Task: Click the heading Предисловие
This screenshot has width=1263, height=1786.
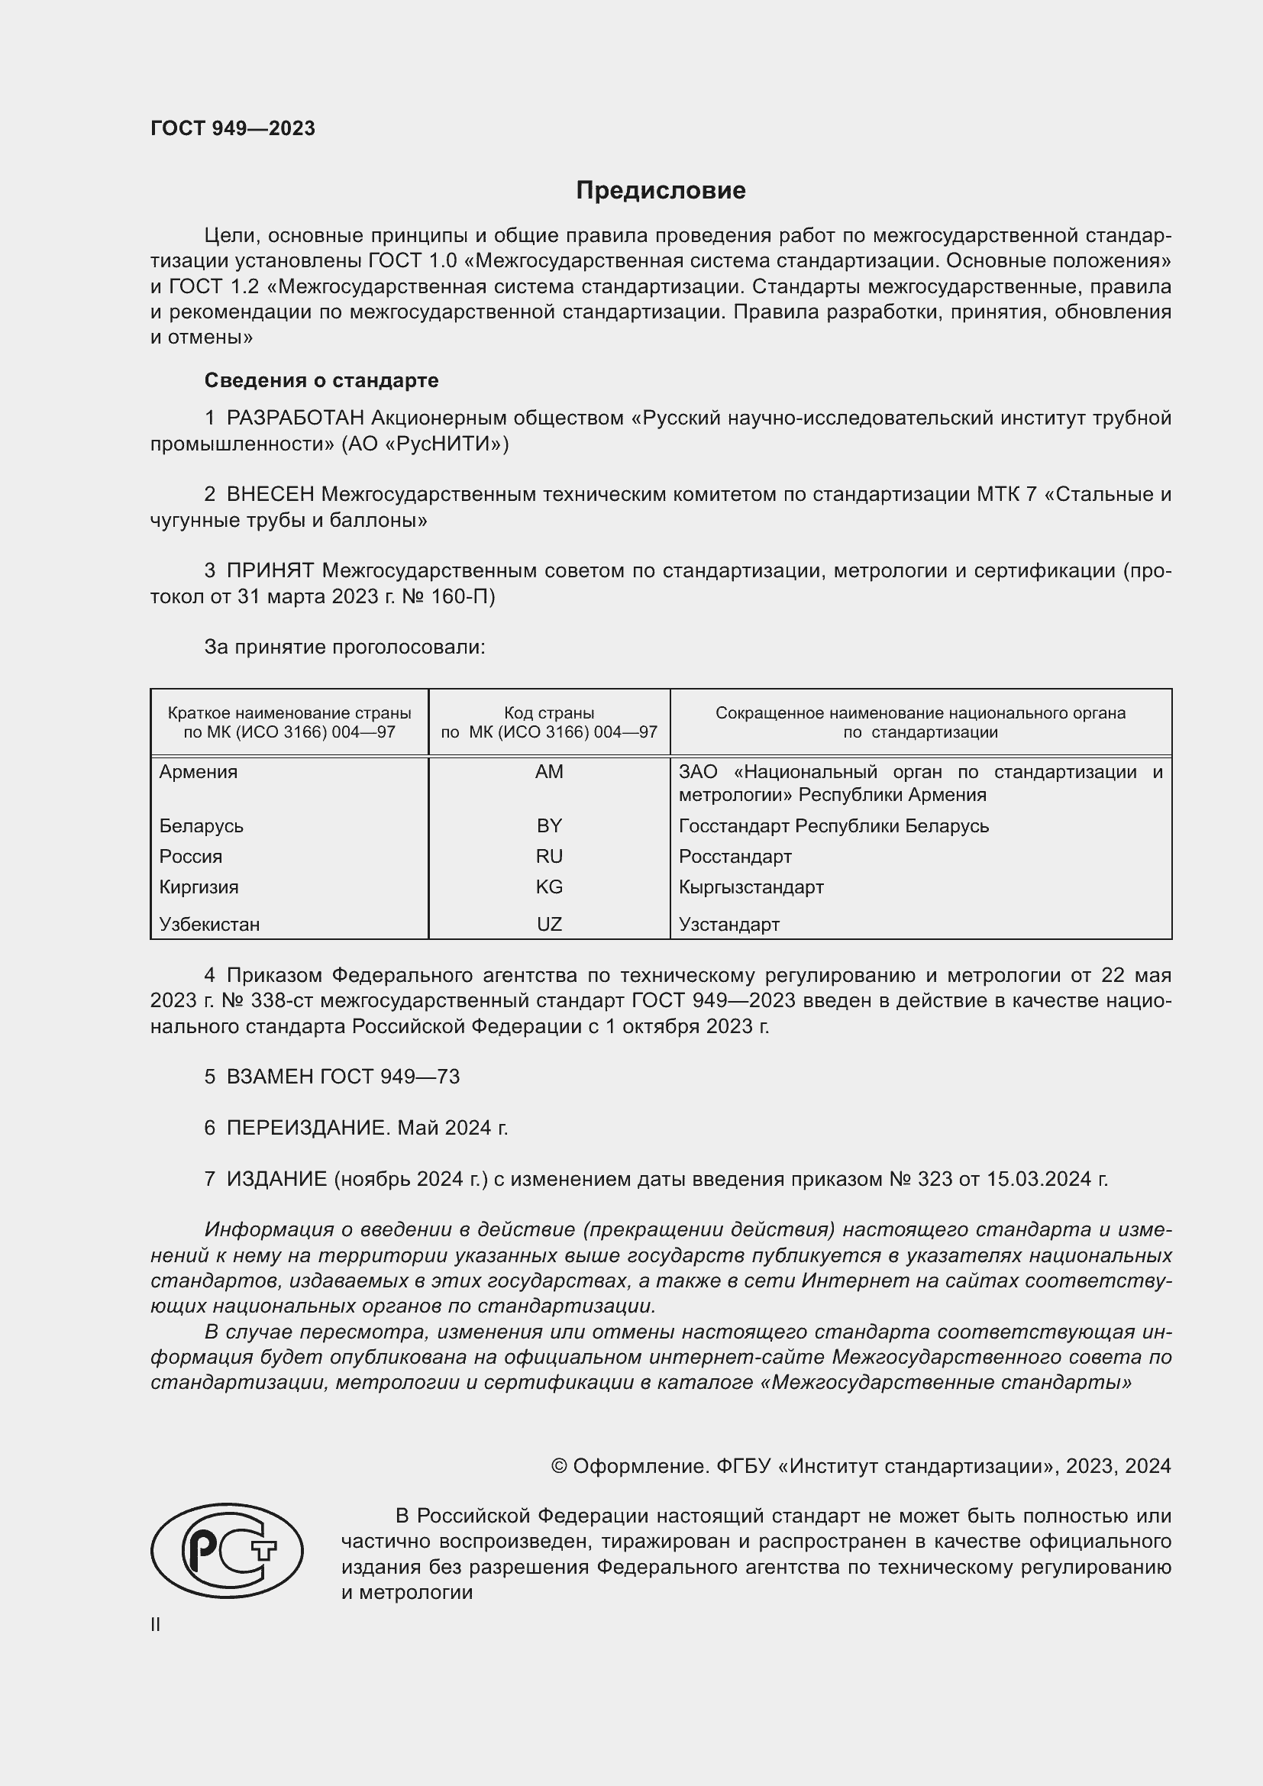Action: click(x=661, y=191)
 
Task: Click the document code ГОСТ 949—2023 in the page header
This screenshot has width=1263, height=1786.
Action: click(x=233, y=128)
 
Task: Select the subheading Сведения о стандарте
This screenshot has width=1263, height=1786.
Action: click(x=321, y=380)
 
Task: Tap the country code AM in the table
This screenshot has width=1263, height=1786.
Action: click(x=549, y=772)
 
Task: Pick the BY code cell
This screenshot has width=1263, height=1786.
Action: click(x=549, y=825)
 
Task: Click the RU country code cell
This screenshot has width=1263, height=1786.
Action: click(x=549, y=857)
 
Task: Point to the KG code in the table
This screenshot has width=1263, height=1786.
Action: click(x=549, y=887)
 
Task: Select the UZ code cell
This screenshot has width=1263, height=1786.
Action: click(x=549, y=924)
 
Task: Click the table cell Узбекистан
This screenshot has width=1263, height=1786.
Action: click(x=209, y=924)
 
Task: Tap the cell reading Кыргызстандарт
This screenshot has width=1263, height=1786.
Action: click(x=751, y=887)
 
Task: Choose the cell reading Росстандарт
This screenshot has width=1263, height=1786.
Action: click(x=735, y=857)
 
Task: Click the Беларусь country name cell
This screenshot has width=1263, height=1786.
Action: click(x=202, y=825)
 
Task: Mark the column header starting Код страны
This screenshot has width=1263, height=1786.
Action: click(x=549, y=722)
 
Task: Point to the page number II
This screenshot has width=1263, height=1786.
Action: click(x=156, y=1624)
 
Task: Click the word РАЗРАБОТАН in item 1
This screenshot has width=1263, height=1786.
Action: click(x=296, y=418)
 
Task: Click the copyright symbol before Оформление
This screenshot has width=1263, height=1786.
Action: click(x=559, y=1466)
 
